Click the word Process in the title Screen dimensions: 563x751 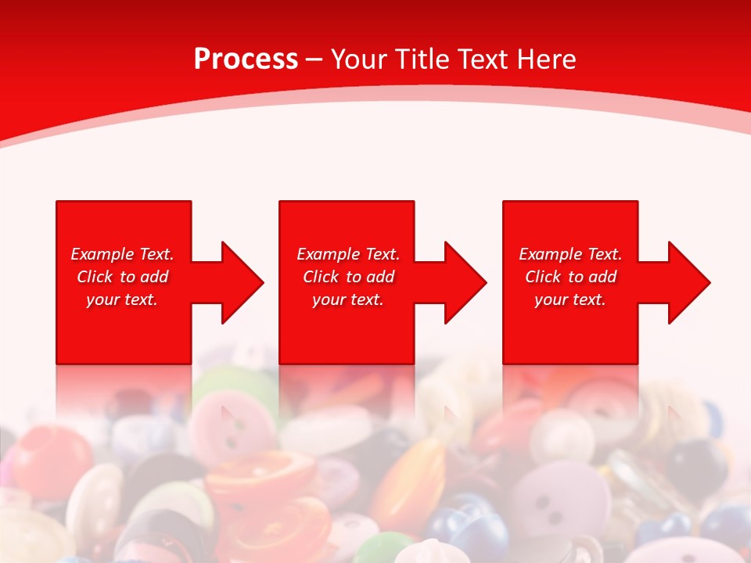click(246, 59)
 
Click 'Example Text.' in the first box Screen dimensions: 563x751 click(122, 254)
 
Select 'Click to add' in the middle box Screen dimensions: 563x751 click(348, 277)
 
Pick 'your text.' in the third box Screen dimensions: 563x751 click(570, 299)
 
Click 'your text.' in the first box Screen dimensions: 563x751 click(122, 299)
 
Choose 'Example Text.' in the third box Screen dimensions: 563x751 click(570, 254)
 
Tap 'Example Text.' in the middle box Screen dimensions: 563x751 click(348, 254)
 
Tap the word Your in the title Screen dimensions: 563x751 click(358, 59)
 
